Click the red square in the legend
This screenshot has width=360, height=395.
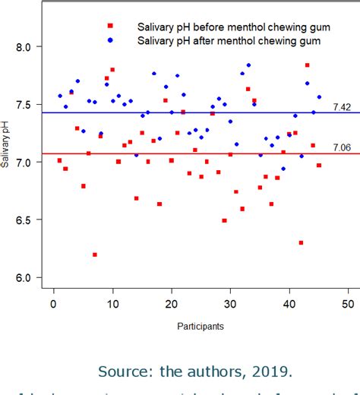(x=110, y=26)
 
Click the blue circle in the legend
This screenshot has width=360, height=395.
(x=110, y=39)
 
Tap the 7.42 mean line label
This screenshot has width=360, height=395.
(x=342, y=107)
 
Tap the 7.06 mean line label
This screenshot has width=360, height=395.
(x=342, y=147)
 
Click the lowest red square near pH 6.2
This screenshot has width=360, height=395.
(x=95, y=254)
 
